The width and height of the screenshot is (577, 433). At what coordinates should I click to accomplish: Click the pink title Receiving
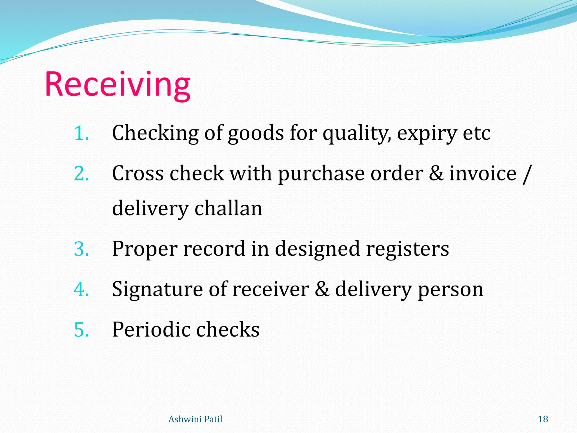[117, 85]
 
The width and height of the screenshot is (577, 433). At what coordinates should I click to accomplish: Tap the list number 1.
[81, 133]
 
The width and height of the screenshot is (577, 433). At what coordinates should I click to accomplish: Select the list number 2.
[81, 173]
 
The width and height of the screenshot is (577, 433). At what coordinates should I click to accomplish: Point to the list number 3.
[81, 249]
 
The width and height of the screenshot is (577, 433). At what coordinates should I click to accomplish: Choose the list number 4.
[81, 290]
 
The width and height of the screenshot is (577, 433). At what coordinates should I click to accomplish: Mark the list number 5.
[81, 330]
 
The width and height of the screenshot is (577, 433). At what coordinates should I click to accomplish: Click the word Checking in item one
[155, 133]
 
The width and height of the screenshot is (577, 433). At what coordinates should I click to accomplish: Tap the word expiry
[427, 134]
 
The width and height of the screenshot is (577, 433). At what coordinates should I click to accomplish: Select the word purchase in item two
[321, 174]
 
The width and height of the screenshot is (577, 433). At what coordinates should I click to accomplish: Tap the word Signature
[157, 290]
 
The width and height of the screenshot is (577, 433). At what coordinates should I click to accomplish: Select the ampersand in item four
[322, 289]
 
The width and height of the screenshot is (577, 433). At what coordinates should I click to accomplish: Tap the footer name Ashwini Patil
[195, 419]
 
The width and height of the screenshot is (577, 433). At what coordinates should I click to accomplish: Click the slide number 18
[543, 419]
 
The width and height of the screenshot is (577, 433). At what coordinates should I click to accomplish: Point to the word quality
[356, 134]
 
